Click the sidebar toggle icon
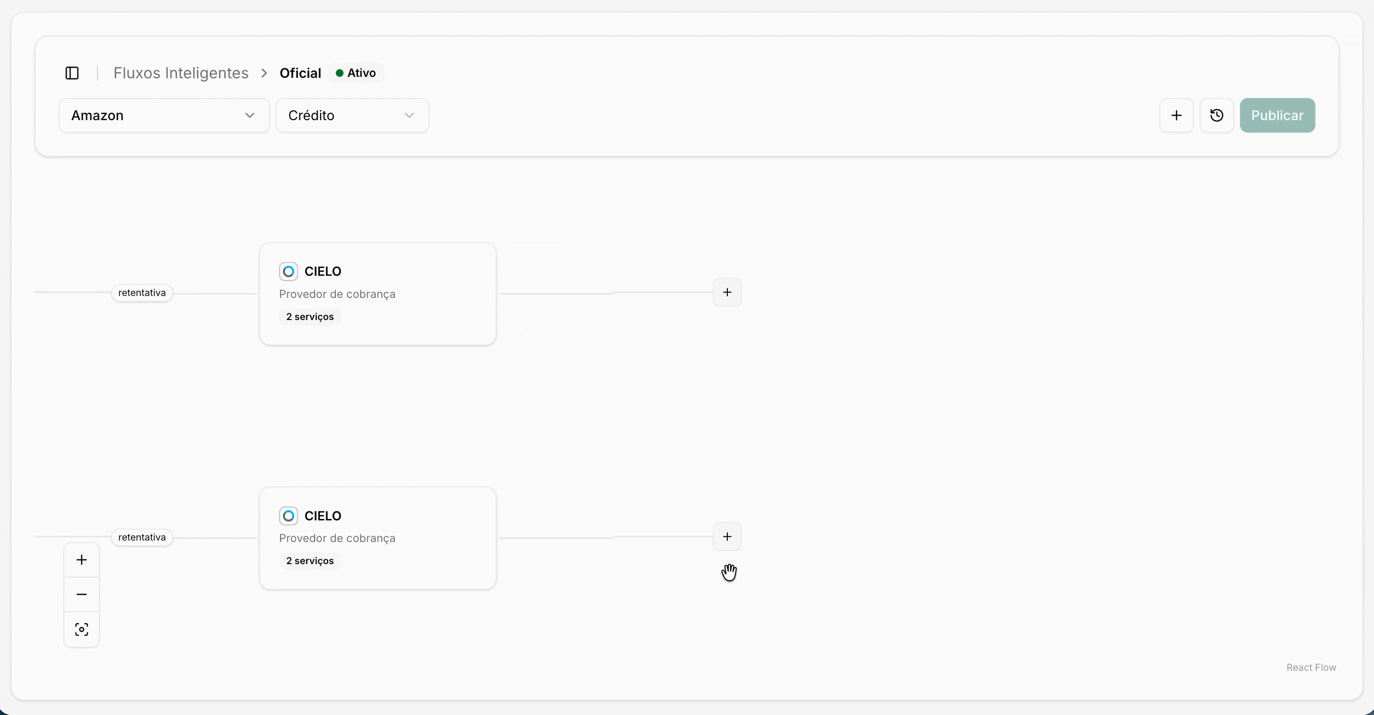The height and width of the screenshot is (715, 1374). point(72,73)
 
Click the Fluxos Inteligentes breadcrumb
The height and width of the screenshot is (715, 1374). point(181,73)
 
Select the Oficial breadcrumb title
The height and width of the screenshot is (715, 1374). point(300,73)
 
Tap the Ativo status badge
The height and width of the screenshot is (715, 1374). point(356,73)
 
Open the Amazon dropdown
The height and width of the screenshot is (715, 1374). point(164,115)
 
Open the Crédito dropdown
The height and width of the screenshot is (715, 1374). point(352,115)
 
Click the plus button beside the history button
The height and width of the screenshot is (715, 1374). point(1176,115)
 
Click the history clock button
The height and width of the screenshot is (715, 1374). point(1216,115)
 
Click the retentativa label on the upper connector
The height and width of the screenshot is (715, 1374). point(142,293)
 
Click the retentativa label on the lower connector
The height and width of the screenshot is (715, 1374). point(142,537)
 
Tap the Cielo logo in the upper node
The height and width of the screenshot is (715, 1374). point(289,271)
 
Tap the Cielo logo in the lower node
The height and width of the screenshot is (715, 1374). point(289,516)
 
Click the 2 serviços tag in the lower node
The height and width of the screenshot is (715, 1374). point(310,561)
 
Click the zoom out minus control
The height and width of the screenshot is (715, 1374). point(82,594)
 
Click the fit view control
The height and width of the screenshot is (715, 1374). point(82,629)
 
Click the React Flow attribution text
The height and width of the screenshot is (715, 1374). point(1311,667)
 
